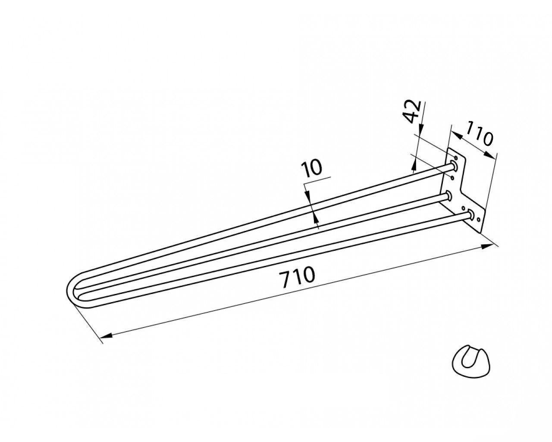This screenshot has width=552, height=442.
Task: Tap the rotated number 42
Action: click(412, 111)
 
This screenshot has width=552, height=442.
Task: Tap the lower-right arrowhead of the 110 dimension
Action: click(489, 155)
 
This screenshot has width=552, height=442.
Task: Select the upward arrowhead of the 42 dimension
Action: click(414, 165)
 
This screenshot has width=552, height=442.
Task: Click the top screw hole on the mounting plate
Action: click(455, 157)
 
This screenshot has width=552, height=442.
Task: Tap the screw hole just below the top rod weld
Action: click(452, 178)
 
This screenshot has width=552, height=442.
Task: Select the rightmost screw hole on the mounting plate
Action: click(478, 220)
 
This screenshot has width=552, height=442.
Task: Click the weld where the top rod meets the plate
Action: click(454, 166)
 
